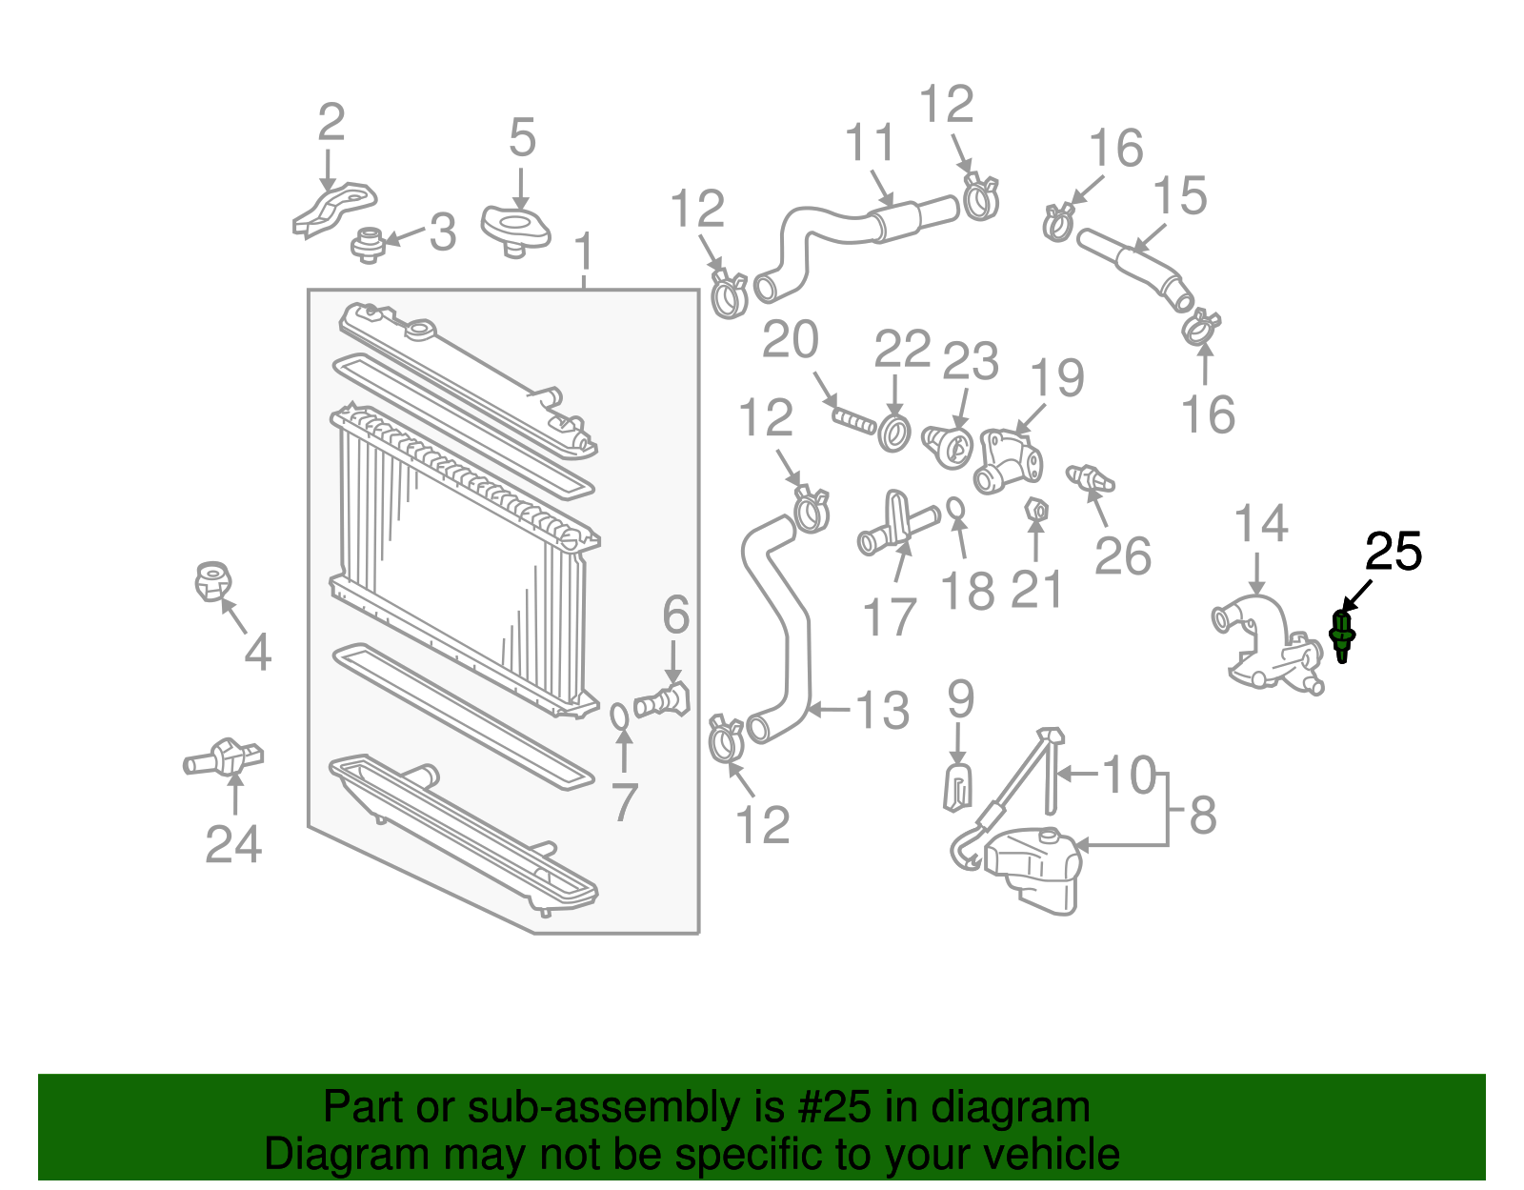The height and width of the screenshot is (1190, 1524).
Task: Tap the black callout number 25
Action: click(x=1394, y=553)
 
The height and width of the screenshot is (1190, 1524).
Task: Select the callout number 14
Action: click(x=1260, y=525)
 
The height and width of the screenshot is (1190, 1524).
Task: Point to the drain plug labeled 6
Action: click(x=663, y=701)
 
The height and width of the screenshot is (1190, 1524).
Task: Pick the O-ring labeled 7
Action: click(x=620, y=714)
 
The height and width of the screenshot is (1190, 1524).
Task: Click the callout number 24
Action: click(x=233, y=844)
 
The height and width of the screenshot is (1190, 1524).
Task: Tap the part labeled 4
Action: click(x=211, y=580)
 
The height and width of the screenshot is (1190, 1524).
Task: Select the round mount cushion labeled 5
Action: click(x=515, y=230)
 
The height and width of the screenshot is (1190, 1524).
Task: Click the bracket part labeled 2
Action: click(x=333, y=207)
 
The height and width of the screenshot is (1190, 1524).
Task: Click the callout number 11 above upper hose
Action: click(x=869, y=143)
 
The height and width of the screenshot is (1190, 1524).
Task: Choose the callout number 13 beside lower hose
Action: click(x=882, y=711)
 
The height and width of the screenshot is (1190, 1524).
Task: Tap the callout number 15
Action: click(x=1179, y=196)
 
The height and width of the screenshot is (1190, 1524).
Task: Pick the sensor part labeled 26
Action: click(x=1090, y=476)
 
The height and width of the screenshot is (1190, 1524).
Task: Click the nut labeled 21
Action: click(x=1036, y=511)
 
